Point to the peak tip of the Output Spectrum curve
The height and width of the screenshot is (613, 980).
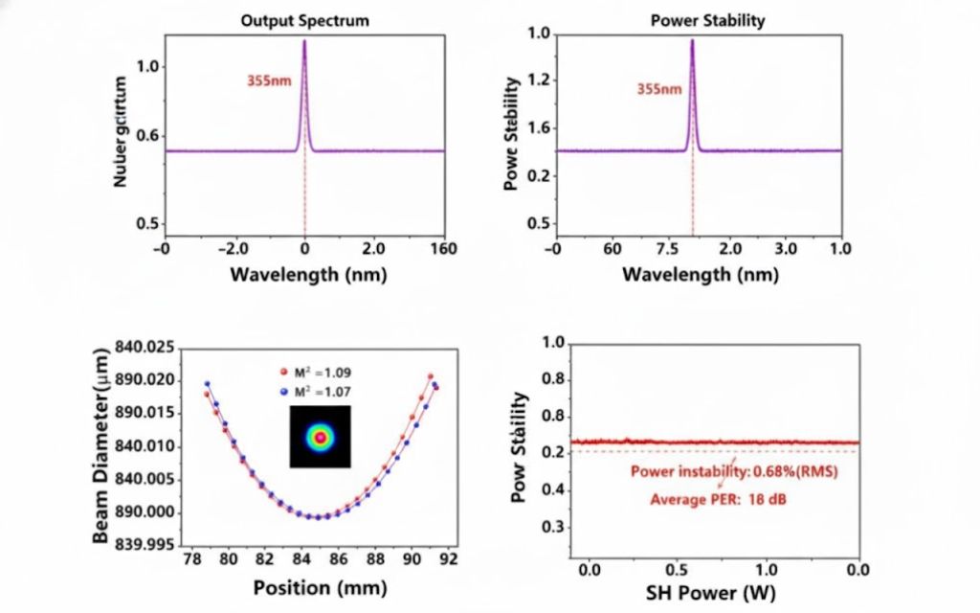(x=304, y=41)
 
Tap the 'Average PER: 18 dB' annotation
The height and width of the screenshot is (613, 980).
(x=718, y=499)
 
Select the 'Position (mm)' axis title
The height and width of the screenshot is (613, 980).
(x=307, y=587)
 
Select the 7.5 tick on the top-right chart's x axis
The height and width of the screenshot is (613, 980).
(x=667, y=249)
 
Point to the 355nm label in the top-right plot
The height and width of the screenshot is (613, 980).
(x=659, y=89)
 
